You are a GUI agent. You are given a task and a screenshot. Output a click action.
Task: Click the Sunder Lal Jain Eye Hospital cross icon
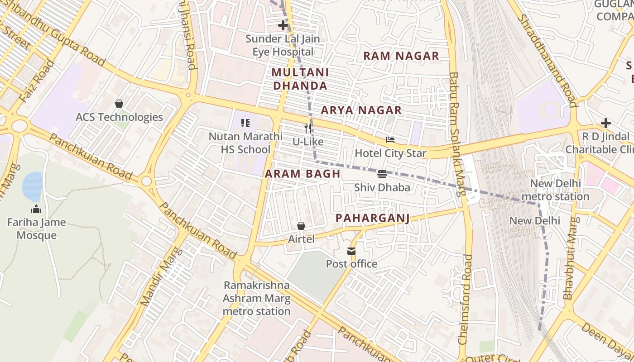coord(283,25)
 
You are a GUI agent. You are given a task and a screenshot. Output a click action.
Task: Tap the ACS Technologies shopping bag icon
coord(119,104)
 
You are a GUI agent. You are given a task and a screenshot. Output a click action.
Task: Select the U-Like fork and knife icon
coord(308,129)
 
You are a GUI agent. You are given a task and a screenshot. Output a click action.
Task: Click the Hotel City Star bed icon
coord(390,140)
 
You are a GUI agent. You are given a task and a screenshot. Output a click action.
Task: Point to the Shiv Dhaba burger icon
coord(382,174)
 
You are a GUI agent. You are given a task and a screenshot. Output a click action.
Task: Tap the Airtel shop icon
coord(301,225)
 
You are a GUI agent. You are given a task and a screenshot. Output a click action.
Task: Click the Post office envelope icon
coord(351,251)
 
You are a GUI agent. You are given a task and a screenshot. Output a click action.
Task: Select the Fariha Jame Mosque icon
coord(36,209)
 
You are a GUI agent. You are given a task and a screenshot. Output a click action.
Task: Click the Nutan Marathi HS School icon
coord(245,123)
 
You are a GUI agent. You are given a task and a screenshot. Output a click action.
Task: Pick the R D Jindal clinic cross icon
coord(605,123)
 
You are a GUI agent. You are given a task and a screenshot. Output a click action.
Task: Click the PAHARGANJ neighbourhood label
coord(372,219)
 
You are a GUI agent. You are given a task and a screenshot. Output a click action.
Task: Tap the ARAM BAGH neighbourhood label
coord(303,174)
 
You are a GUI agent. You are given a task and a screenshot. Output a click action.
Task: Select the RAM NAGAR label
coord(401,56)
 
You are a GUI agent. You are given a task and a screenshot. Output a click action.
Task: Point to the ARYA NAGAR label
coord(361,110)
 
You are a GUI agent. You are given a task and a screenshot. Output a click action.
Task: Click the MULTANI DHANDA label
coord(300,79)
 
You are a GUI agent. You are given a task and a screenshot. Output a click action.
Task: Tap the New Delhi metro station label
coord(555,190)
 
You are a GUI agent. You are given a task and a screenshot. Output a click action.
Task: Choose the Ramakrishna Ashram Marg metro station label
coord(257,298)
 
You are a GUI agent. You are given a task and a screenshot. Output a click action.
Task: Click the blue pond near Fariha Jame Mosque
coord(32,186)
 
